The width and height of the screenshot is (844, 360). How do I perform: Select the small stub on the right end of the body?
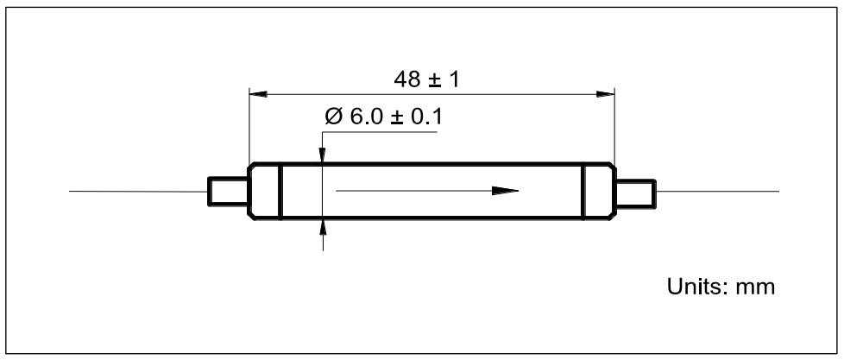pos(636,192)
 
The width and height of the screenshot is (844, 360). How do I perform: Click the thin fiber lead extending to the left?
pos(138,192)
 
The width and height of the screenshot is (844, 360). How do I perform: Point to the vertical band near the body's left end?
pos(280,192)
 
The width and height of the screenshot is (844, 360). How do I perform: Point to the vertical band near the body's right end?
pos(584,192)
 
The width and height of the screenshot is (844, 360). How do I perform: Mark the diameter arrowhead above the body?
pos(323,154)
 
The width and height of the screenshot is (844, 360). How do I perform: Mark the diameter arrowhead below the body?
pos(323,228)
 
